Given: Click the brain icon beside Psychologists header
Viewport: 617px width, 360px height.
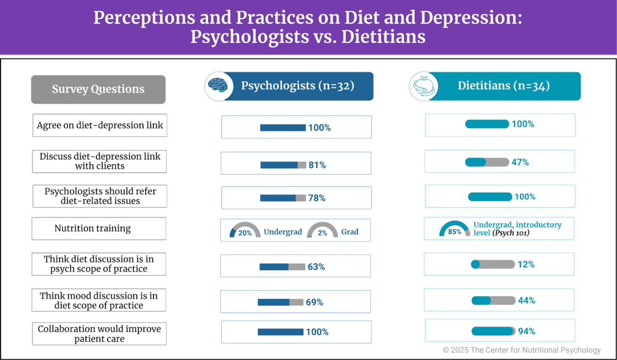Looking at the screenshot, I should point(217,86).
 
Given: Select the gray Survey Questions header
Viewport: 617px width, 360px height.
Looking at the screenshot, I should point(98,89).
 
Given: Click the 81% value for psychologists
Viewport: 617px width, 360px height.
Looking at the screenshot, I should point(317,165).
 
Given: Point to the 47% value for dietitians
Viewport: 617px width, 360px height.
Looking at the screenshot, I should point(520,162).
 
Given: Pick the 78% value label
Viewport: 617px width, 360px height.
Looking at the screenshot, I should point(317,198).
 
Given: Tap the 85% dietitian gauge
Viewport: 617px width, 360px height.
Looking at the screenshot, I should point(454,229).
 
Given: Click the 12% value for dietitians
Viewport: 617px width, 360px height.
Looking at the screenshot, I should point(526,264).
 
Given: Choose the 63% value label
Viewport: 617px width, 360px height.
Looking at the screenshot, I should point(316,267).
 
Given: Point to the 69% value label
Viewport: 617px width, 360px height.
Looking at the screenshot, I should point(315,302).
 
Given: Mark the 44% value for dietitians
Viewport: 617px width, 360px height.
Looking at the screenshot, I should point(526,301).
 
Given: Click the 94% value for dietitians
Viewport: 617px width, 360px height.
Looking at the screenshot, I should point(526,331).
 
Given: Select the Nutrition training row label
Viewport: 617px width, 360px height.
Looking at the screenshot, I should point(93,229).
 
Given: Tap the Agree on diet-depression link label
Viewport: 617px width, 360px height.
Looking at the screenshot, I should point(100,125).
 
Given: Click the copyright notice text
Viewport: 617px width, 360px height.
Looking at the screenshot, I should point(521,350).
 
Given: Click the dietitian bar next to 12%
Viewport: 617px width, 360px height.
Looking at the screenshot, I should point(493,264).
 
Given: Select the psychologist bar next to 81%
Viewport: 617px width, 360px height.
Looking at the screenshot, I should point(283,165).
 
